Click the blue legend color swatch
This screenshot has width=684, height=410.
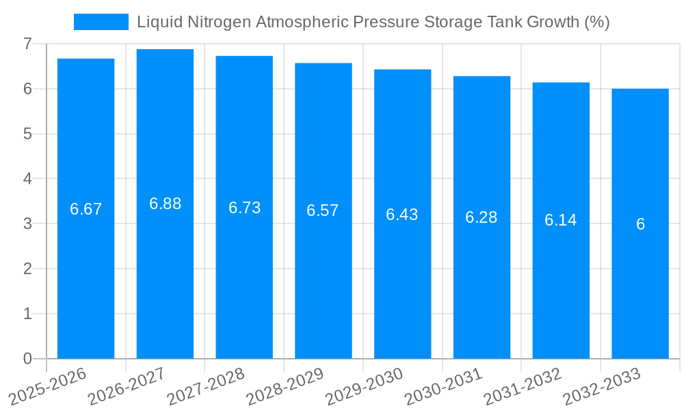pos(101,22)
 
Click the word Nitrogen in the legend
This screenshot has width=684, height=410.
pos(215,22)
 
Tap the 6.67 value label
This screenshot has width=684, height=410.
pos(85,209)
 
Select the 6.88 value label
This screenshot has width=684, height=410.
pos(165,204)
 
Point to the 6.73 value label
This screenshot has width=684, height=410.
pos(244,208)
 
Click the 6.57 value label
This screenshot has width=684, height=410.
pos(323,210)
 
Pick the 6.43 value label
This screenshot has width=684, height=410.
pos(402,215)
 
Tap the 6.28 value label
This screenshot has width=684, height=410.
pos(482,217)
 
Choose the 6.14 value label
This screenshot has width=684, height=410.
pos(561,220)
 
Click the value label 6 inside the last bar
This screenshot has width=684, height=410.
pos(640,224)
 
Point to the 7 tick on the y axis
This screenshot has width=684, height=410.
pos(27,44)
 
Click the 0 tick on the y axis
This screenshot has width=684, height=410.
pos(27,359)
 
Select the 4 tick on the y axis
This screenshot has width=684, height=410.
pos(27,179)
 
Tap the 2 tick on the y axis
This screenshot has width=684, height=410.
pos(27,269)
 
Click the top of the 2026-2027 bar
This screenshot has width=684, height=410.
pos(165,50)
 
